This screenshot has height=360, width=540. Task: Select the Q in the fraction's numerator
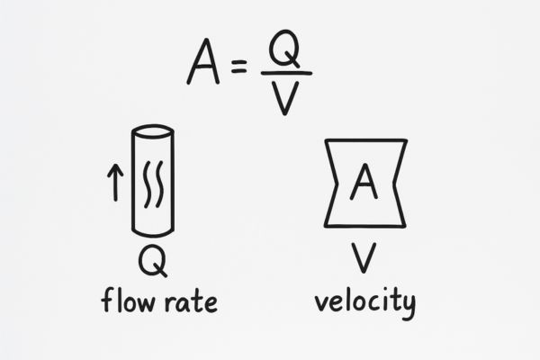tap(284, 51)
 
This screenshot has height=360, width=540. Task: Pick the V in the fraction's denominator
tap(285, 98)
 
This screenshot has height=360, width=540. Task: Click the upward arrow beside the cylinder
tap(114, 183)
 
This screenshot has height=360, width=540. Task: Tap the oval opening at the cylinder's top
tap(152, 132)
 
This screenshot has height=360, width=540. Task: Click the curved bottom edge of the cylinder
tap(152, 233)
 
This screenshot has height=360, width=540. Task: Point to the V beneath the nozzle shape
tap(364, 258)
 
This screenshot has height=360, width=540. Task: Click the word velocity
tap(364, 301)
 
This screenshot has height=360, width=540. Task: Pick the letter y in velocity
tap(407, 306)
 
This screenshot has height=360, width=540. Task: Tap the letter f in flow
tap(105, 300)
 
